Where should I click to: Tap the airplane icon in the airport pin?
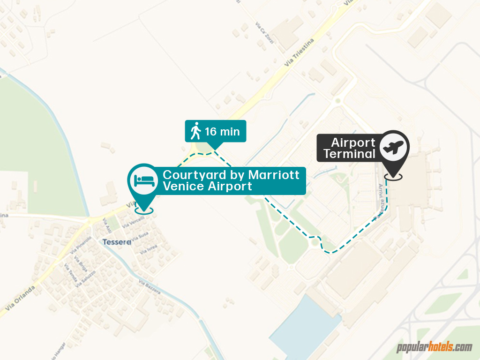point(394,147)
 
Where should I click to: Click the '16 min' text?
point(222,132)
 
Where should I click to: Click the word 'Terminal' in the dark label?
point(349,154)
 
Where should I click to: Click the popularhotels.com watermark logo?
point(435,347)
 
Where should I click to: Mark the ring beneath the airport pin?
point(393,177)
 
